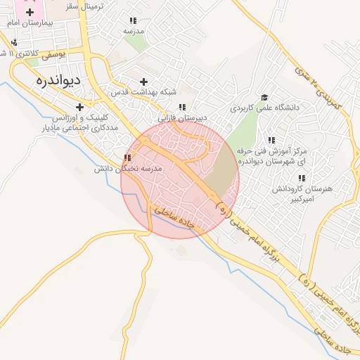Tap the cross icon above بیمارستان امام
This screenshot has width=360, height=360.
pyautogui.click(x=30, y=13)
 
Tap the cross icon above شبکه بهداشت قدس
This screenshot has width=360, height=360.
pyautogui.click(x=144, y=82)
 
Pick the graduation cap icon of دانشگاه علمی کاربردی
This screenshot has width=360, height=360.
pyautogui.click(x=264, y=98)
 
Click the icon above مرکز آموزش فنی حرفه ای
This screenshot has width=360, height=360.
pyautogui.click(x=271, y=140)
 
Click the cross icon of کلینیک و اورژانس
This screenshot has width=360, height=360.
pyautogui.click(x=80, y=107)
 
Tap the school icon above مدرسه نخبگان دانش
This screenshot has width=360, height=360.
pyautogui.click(x=127, y=158)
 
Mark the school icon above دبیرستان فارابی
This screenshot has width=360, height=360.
pyautogui.click(x=182, y=108)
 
